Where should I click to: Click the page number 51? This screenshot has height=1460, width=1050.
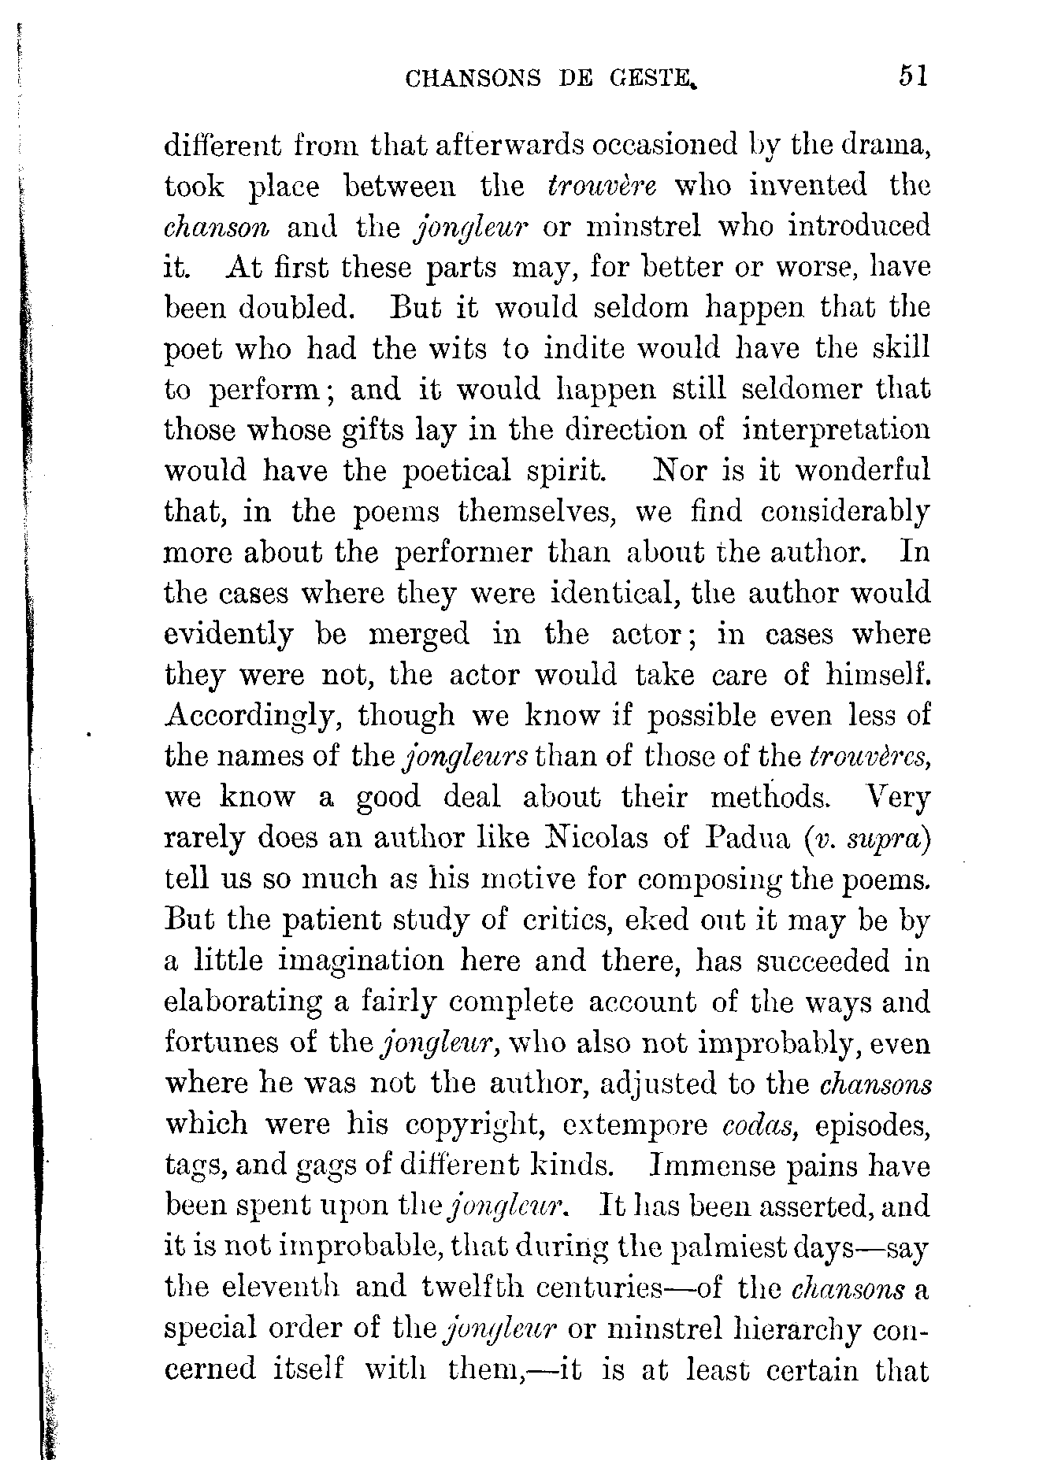(912, 76)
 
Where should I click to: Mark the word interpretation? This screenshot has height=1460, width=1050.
(836, 431)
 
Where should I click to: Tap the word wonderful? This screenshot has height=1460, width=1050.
(862, 470)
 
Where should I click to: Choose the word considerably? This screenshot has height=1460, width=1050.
(845, 512)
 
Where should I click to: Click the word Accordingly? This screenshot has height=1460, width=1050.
(252, 717)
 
